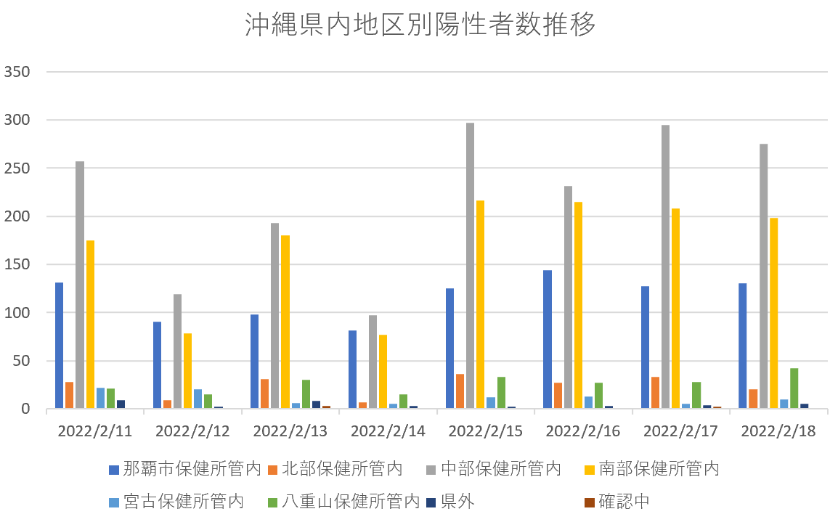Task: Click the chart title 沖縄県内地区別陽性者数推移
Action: [x=420, y=25]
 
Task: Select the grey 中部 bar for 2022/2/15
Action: [x=470, y=266]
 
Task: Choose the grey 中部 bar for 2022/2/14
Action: [x=373, y=362]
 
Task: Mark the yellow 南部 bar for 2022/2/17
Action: [x=675, y=309]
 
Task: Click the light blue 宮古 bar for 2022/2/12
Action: [x=198, y=399]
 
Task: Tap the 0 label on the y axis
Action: [x=25, y=409]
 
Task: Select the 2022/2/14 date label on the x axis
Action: [x=388, y=431]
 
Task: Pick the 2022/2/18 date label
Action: [x=778, y=431]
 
